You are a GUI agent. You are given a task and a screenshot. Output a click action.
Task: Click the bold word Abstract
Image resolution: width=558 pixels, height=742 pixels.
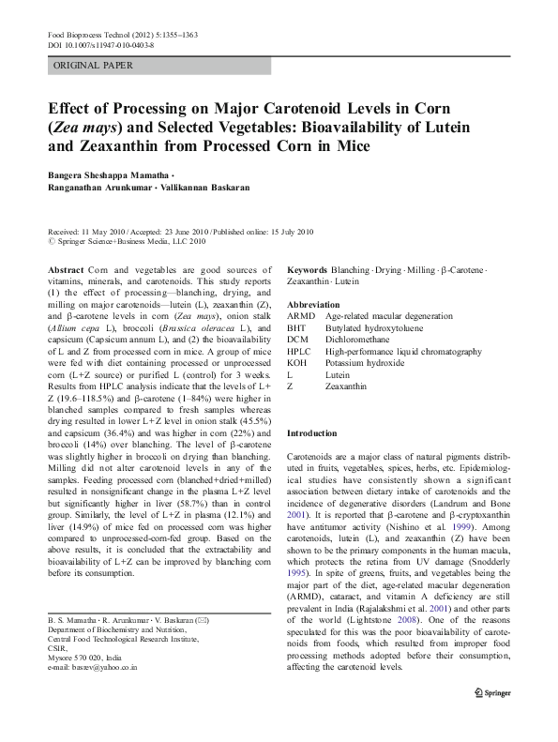coord(65,268)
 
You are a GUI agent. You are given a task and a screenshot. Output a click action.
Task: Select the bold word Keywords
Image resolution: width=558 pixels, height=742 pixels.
coord(308,268)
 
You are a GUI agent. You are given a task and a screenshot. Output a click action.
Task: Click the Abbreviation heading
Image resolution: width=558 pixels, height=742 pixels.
coord(313,306)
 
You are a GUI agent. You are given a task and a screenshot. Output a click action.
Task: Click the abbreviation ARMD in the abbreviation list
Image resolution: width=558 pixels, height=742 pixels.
coord(302,318)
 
